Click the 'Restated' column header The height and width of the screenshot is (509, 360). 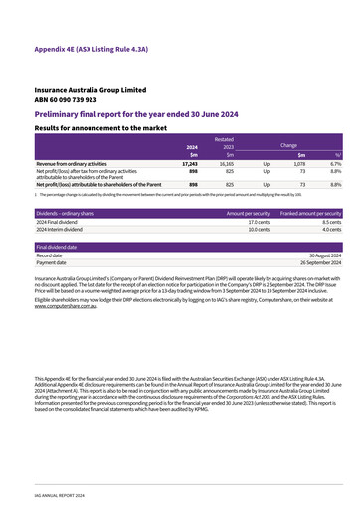pyautogui.click(x=225, y=140)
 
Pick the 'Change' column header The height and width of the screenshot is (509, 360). pyautogui.click(x=287, y=146)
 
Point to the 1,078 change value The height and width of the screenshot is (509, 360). pyautogui.click(x=297, y=163)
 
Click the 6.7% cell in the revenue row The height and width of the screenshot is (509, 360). pyautogui.click(x=335, y=163)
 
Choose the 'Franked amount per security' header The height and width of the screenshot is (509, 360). pyautogui.click(x=310, y=213)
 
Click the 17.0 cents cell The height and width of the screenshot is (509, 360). pyautogui.click(x=259, y=222)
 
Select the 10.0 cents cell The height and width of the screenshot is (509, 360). pyautogui.click(x=259, y=230)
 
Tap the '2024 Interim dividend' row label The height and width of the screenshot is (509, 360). pyautogui.click(x=62, y=230)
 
